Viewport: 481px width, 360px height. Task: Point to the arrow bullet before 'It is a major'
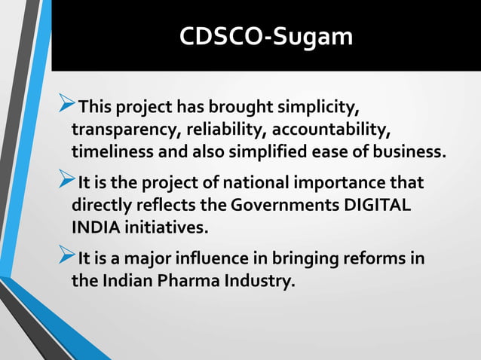66,259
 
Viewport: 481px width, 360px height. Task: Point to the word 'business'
411,153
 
